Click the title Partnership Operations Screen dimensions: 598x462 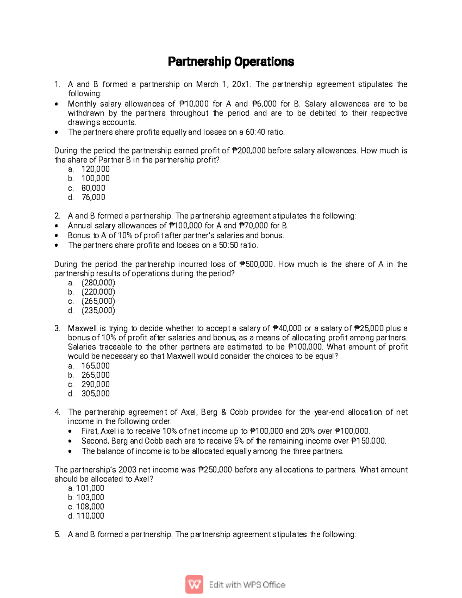pyautogui.click(x=231, y=62)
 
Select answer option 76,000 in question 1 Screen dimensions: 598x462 pyautogui.click(x=93, y=198)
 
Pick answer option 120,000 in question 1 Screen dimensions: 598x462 pyautogui.click(x=95, y=169)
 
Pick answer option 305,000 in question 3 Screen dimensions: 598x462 pyautogui.click(x=95, y=394)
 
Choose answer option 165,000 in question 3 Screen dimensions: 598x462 pyautogui.click(x=95, y=366)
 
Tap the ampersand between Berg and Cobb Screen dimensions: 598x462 pyautogui.click(x=224, y=412)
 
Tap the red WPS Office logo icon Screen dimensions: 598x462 pyautogui.click(x=194, y=585)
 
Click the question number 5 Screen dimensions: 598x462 pyautogui.click(x=57, y=534)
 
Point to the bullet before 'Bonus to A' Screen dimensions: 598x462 pyautogui.click(x=57, y=236)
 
